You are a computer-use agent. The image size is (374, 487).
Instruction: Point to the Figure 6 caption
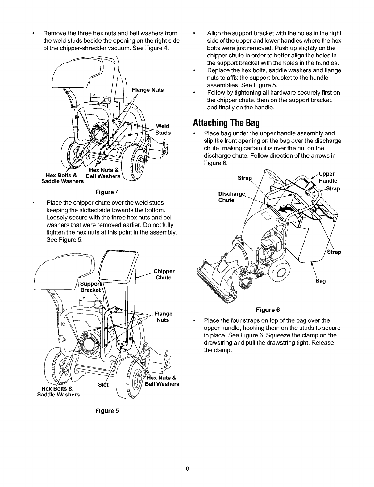click(268, 310)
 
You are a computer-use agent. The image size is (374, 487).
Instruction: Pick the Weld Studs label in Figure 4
click(163, 129)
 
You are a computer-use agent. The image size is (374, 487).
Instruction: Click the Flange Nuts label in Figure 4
click(148, 90)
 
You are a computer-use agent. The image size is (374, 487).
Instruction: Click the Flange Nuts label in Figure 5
click(164, 317)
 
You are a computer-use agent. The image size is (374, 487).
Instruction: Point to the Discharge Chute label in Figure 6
click(231, 197)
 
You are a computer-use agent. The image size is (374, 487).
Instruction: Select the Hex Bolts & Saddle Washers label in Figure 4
click(62, 178)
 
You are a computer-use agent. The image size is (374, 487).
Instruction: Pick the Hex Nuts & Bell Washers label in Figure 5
click(162, 381)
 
